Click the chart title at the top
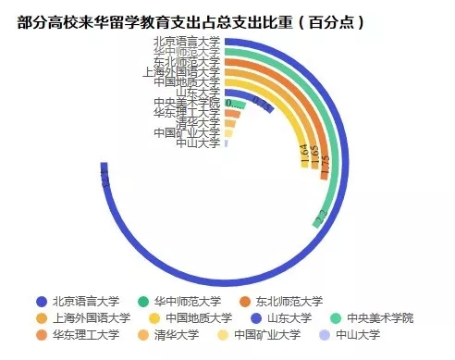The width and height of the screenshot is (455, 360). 190,20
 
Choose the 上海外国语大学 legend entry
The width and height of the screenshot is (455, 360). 84,317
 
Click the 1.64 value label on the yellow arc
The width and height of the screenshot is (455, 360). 304,153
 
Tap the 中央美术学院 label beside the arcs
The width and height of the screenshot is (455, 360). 186,103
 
